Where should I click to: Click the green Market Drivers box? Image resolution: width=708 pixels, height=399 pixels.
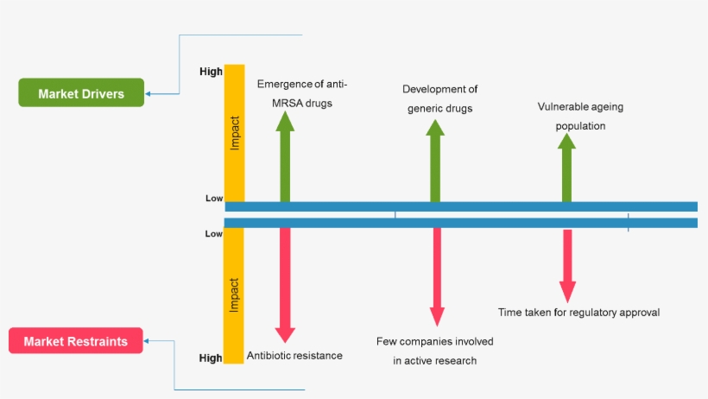click(x=81, y=93)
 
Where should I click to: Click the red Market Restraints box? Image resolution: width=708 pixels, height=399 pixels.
click(x=75, y=341)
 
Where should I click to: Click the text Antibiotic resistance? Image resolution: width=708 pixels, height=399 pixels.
click(x=294, y=355)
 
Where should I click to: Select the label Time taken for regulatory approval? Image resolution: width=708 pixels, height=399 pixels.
click(x=578, y=312)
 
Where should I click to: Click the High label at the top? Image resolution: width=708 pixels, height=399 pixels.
click(x=211, y=72)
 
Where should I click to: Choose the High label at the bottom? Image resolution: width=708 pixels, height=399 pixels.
click(x=211, y=358)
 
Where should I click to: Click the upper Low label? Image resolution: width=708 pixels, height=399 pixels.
click(x=214, y=198)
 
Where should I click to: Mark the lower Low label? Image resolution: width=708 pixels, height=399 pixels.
click(x=214, y=233)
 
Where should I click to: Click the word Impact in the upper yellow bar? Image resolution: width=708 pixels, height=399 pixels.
click(x=234, y=133)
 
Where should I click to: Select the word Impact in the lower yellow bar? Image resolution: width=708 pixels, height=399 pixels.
click(x=234, y=294)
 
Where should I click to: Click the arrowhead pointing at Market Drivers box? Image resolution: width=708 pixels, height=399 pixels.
click(x=149, y=93)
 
